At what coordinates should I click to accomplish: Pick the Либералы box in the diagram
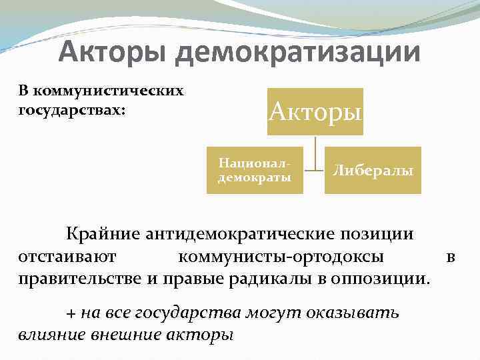pyautogui.click(x=373, y=171)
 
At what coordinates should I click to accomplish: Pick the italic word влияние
pyautogui.click(x=46, y=334)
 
